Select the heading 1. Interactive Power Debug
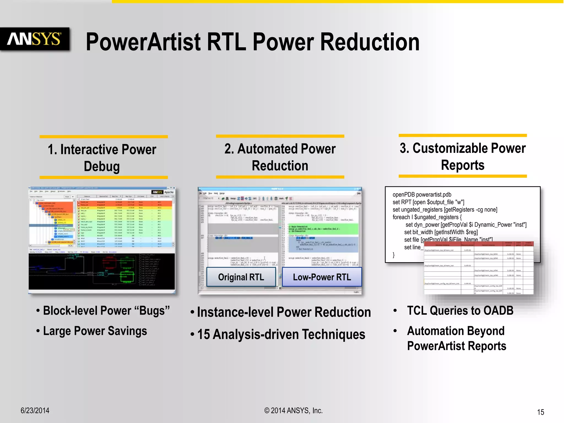[x=102, y=158]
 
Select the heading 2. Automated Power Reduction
[x=280, y=157]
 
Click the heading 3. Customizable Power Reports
[x=463, y=156]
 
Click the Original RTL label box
[x=241, y=277]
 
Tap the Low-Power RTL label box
[x=322, y=277]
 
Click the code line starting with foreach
[x=427, y=217]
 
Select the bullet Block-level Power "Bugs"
[x=106, y=311]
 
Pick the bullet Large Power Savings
[x=95, y=331]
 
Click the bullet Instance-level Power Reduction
[x=284, y=312]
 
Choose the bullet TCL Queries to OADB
[x=460, y=311]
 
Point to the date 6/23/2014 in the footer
[x=35, y=410]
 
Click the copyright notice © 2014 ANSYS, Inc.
[x=293, y=410]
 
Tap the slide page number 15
[x=540, y=412]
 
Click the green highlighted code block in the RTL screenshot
[x=323, y=229]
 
